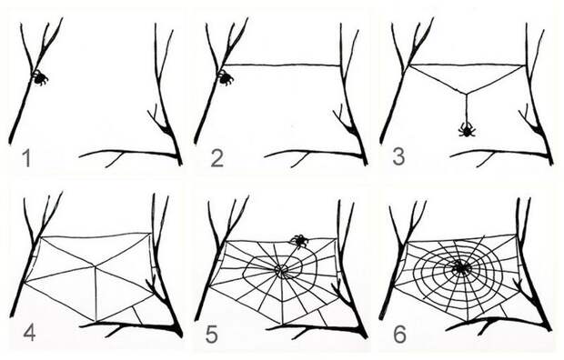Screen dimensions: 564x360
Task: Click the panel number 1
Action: point(25,158)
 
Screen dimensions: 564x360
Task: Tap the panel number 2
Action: point(217,158)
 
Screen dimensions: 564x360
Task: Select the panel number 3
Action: point(398,156)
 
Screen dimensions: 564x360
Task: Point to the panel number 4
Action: point(29,332)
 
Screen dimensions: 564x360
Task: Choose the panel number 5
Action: point(211,335)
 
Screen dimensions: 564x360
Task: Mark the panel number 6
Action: point(399,335)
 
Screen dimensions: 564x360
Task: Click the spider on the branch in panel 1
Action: point(39,77)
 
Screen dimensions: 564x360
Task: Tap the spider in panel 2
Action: point(226,77)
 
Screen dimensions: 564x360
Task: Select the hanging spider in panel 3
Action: point(466,129)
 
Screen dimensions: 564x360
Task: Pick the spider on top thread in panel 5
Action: point(299,241)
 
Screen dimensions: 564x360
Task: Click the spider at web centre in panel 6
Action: point(460,268)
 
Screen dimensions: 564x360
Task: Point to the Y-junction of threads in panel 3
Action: point(466,94)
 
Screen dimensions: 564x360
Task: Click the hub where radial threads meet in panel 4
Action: point(95,266)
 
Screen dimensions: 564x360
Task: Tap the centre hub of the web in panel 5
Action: point(280,269)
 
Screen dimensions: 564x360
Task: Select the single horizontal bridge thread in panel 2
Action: point(282,65)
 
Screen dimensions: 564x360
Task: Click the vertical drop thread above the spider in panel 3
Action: point(466,108)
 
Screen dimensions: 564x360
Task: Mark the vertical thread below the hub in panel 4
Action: point(96,294)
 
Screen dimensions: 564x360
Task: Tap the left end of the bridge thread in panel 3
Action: point(410,65)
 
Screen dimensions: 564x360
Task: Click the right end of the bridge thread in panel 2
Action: point(340,65)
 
